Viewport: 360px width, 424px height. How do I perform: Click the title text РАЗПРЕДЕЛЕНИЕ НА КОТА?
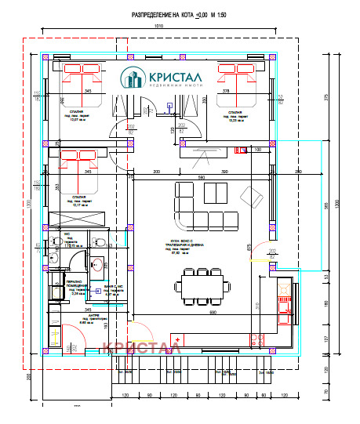[161, 15]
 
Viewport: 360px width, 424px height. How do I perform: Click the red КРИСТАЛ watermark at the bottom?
[142, 345]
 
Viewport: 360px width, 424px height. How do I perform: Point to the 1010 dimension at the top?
[158, 27]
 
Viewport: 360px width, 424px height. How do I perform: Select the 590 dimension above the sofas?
[201, 178]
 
